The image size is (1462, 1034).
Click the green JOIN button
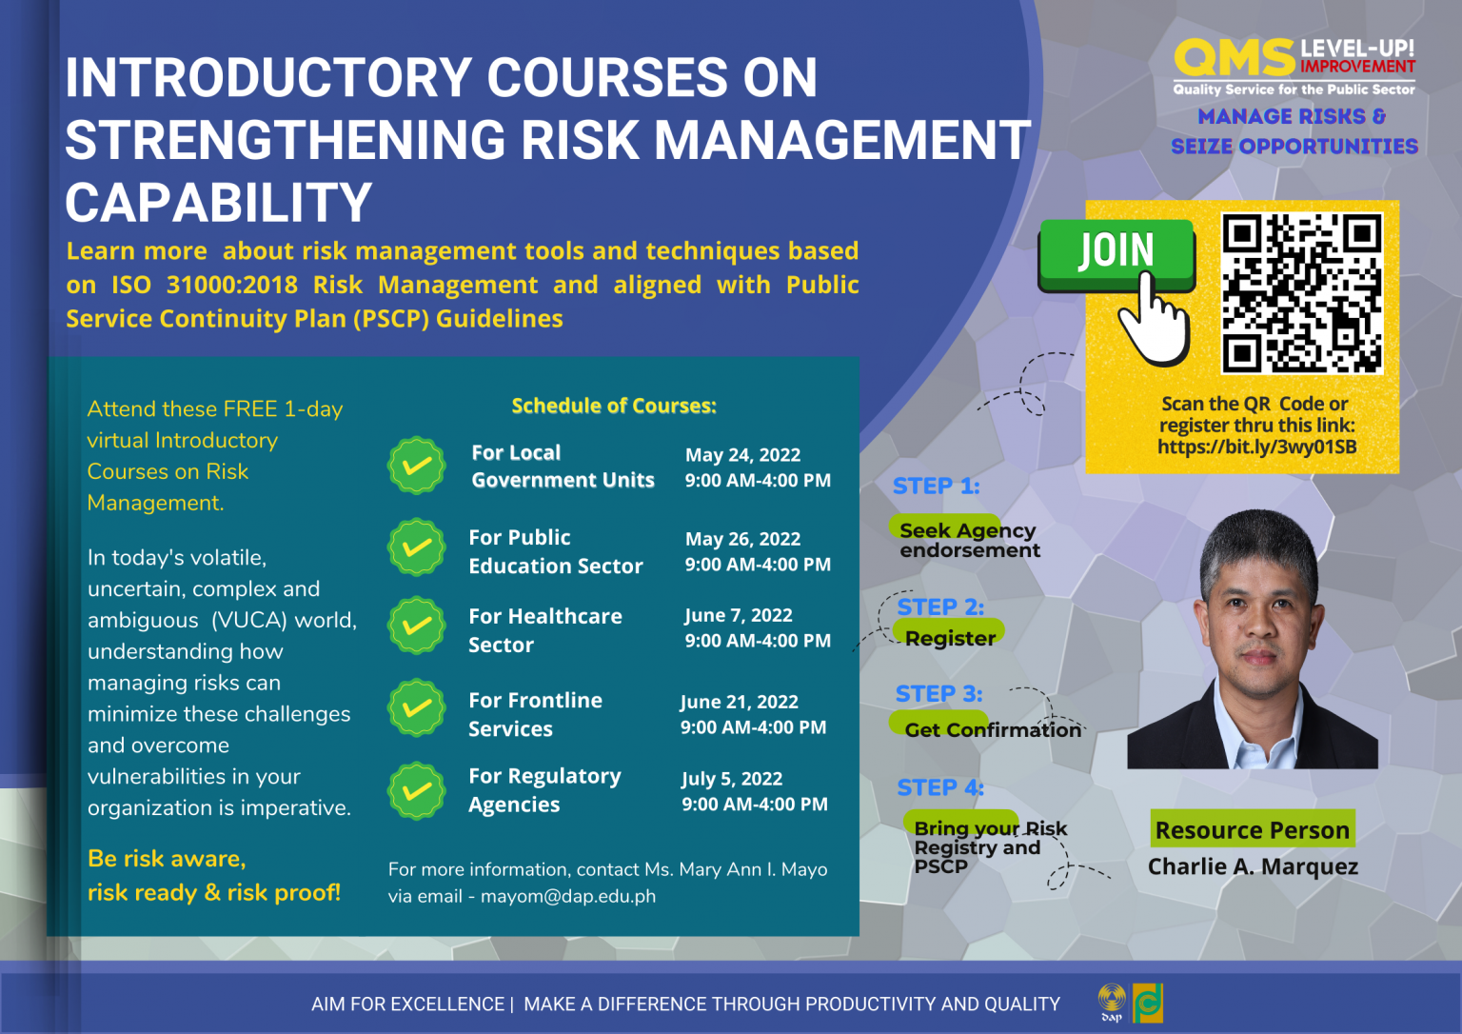1116,252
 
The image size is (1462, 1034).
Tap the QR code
1301,292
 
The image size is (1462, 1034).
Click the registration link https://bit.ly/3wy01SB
1256,447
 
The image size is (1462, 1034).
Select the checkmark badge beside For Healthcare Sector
416,626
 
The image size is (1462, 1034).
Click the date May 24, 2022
742,455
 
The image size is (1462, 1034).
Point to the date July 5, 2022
731,779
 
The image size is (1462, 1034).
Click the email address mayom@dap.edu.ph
567,897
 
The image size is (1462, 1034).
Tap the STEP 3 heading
938,694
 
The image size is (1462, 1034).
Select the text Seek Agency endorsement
968,540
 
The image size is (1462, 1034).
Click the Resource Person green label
1252,830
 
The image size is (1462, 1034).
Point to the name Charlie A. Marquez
1252,866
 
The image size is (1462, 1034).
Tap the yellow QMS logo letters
1234,59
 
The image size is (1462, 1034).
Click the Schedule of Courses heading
613,407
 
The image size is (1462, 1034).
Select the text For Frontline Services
535,714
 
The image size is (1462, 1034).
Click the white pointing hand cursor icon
1154,324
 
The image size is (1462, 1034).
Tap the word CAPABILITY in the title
218,203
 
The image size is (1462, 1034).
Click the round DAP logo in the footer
1111,1000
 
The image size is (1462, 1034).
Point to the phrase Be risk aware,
167,859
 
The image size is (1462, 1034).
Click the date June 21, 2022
739,702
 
